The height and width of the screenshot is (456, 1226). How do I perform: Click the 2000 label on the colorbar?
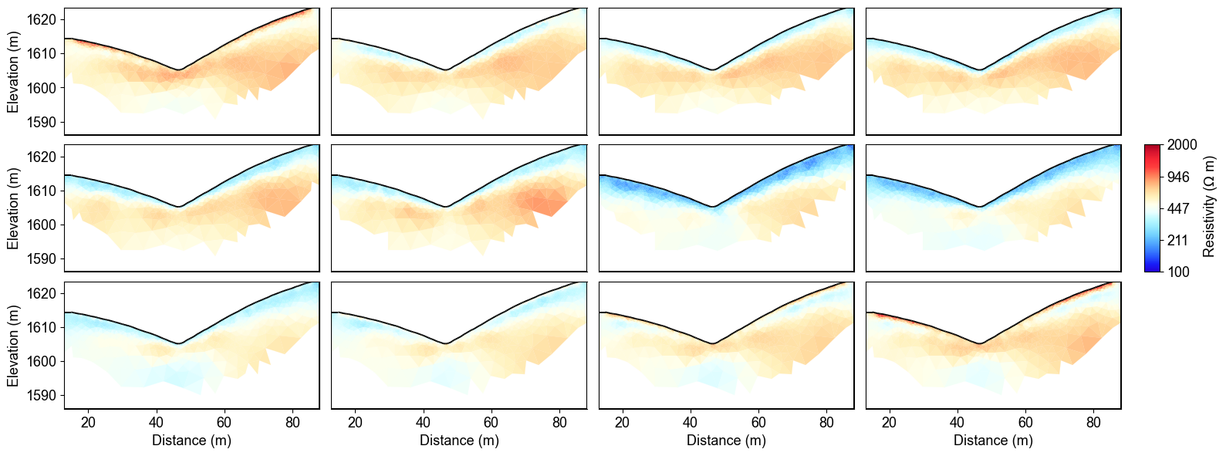1182,146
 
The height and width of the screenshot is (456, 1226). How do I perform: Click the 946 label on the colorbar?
1179,177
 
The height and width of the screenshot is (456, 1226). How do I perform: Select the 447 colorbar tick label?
1179,209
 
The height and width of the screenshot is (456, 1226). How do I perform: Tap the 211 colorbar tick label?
1178,241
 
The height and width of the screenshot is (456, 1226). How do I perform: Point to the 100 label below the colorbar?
1178,272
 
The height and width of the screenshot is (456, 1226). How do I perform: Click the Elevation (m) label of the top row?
13,72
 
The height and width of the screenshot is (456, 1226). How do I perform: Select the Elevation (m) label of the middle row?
13,208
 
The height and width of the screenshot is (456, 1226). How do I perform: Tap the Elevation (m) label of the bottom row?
13,345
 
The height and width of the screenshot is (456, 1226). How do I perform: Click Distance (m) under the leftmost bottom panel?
191,441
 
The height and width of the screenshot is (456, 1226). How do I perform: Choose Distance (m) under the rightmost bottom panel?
993,441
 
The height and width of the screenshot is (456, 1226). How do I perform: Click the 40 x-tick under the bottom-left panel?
157,423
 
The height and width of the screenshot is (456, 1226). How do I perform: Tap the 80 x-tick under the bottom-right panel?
1093,423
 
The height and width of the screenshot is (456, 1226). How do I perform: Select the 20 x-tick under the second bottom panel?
355,423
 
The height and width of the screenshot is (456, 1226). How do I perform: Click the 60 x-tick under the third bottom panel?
758,423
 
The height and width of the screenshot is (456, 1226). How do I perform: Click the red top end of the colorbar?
1152,148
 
